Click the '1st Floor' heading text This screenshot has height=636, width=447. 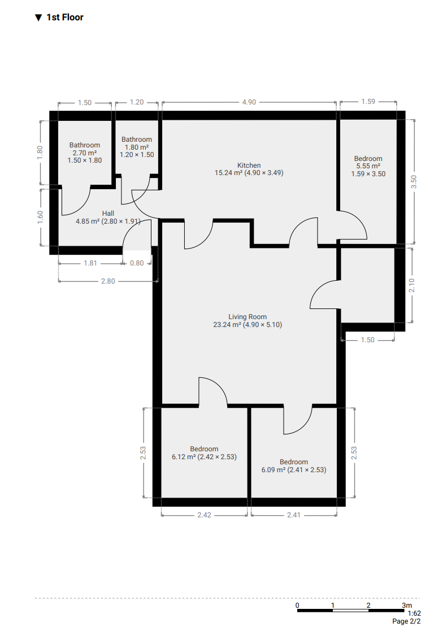[64, 18]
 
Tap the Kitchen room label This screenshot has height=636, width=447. [249, 169]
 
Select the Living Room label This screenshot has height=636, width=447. [248, 321]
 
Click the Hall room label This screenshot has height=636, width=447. [108, 217]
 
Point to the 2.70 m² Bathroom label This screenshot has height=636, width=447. [85, 153]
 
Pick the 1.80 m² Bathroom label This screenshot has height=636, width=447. [137, 147]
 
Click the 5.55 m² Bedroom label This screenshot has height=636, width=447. [368, 167]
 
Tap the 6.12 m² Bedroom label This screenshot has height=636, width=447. [204, 453]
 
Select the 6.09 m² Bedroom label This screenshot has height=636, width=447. [294, 465]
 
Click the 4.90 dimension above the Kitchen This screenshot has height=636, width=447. [249, 102]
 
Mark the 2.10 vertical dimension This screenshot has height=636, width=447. [412, 285]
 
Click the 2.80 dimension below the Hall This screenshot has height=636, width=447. [108, 281]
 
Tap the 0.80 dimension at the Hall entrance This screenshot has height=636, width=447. [137, 263]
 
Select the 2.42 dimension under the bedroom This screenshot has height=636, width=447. [204, 515]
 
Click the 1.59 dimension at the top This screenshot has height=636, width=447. [368, 102]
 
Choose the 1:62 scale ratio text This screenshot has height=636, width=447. [414, 613]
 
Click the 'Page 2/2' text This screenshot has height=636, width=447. [407, 621]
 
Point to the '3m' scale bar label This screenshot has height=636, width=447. [407, 605]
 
